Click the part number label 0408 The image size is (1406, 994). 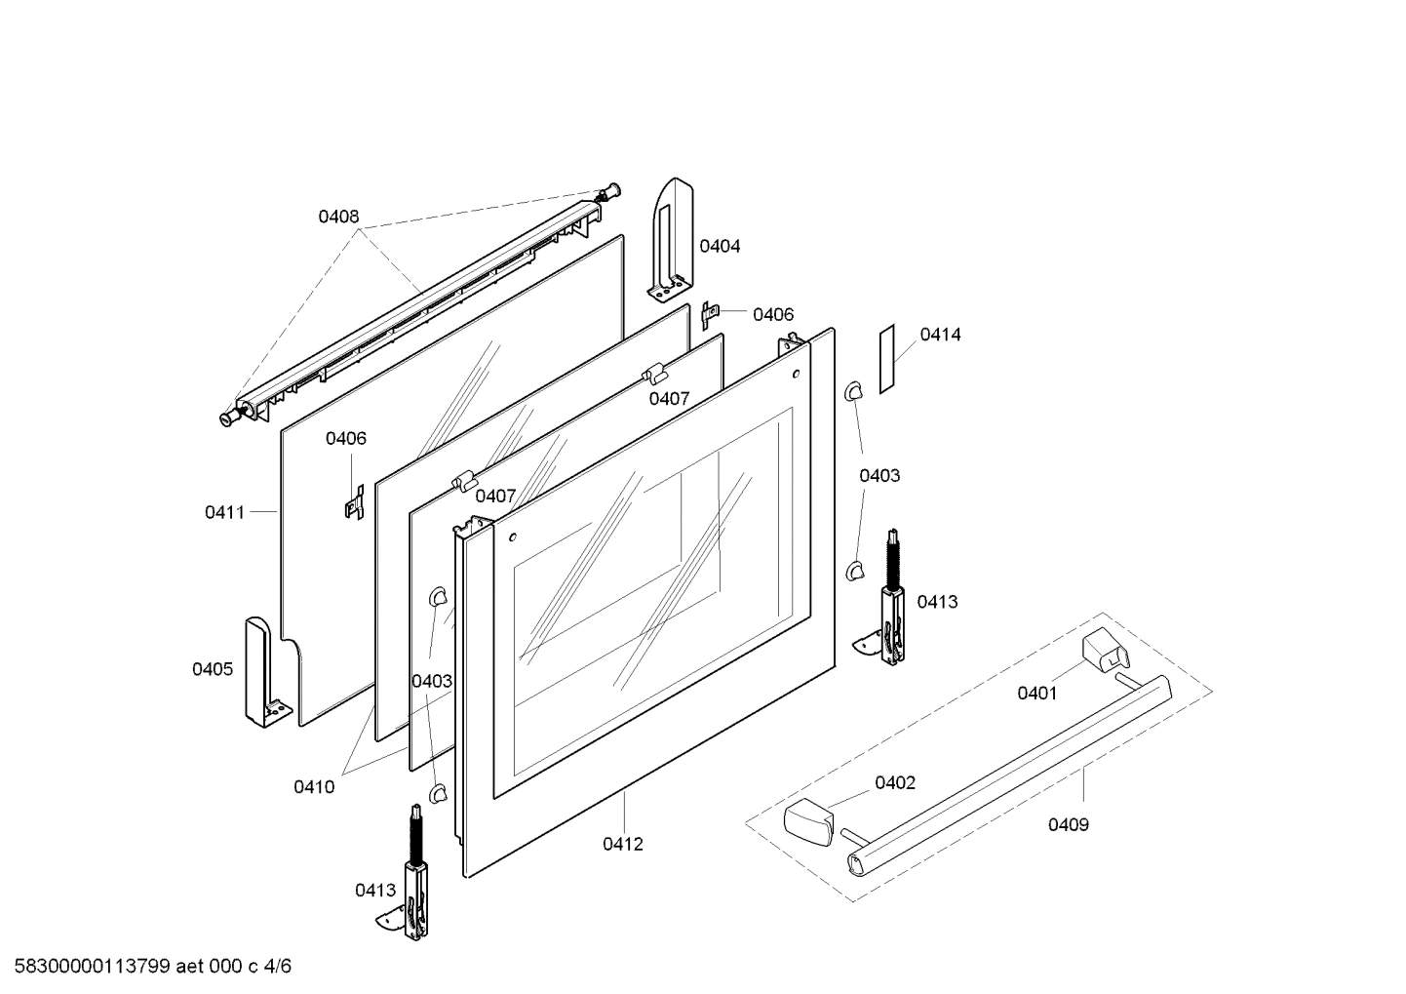338,218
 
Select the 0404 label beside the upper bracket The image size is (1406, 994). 720,247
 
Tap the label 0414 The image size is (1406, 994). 940,336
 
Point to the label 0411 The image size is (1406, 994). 224,513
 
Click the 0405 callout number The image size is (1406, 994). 213,669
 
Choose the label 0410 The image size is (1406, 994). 314,787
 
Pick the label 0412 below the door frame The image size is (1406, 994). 623,845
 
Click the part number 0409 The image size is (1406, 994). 1069,825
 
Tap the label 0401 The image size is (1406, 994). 1037,694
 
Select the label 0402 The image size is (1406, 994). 895,783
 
